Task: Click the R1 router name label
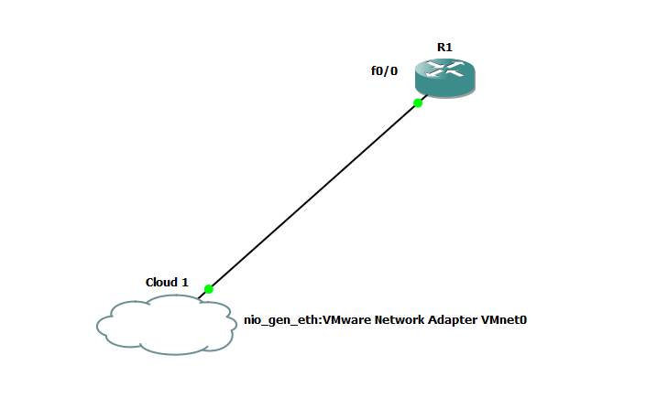point(444,47)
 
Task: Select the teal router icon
point(444,79)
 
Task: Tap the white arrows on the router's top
point(444,70)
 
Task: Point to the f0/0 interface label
point(384,70)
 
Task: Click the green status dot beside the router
point(418,103)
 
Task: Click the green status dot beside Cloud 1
point(209,289)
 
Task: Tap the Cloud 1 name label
point(167,282)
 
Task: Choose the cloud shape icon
point(165,325)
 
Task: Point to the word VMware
point(341,320)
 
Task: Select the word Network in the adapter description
point(400,320)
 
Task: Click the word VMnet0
point(504,320)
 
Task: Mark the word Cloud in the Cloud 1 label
point(161,282)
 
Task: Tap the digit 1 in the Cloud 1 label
point(185,282)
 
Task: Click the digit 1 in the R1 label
point(449,47)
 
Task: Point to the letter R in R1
point(441,47)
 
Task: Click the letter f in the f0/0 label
point(373,70)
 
